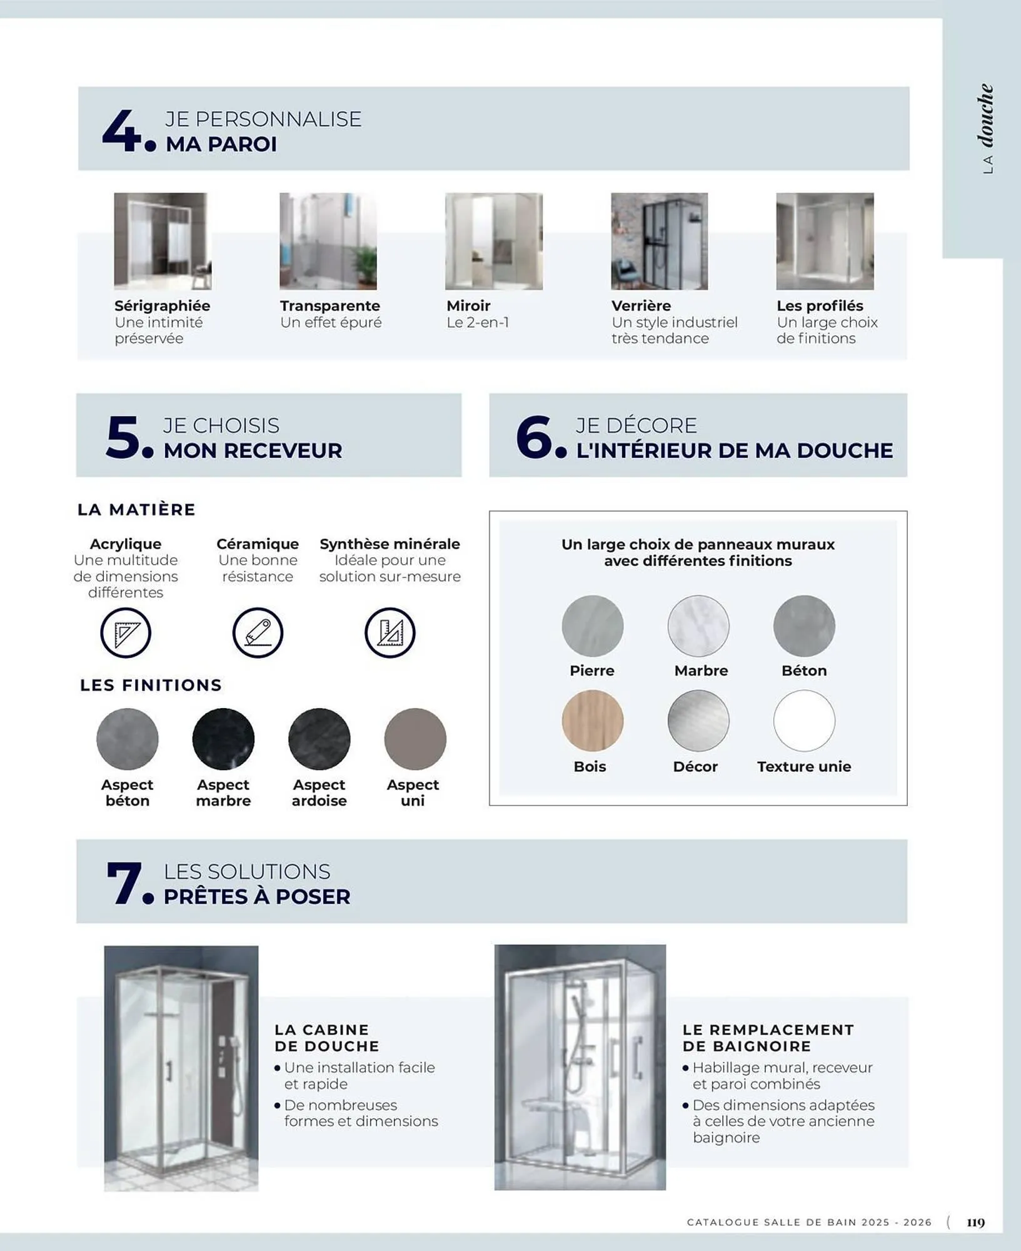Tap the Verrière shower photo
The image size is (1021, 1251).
(x=659, y=241)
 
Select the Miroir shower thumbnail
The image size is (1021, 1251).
(x=493, y=241)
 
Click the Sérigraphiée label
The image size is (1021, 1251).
(x=162, y=306)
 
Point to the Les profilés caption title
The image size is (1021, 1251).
(x=820, y=306)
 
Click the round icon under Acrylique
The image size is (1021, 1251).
(x=126, y=633)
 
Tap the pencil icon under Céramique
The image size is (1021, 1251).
(x=258, y=633)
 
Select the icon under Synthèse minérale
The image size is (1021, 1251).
(x=390, y=633)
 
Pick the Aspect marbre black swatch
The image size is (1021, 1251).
(x=223, y=739)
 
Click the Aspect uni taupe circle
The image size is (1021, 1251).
(x=415, y=739)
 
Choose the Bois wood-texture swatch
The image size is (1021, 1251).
(x=592, y=721)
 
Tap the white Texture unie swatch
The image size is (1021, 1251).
(x=804, y=721)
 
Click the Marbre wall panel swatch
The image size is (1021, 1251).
(x=698, y=625)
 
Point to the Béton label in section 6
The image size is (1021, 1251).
(x=804, y=671)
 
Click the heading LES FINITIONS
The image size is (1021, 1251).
(x=151, y=685)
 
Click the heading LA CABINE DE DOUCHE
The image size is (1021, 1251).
(x=326, y=1038)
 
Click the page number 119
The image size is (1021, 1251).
(x=975, y=1222)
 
